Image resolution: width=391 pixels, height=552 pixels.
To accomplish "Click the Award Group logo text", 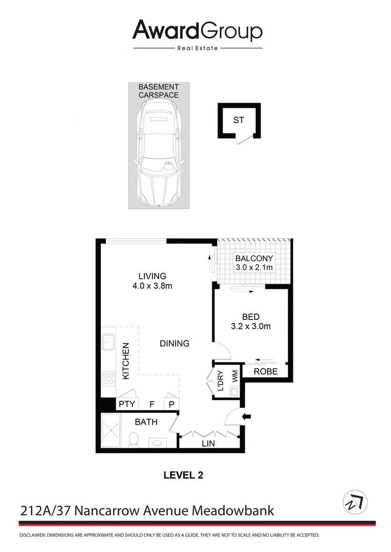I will coord(197,31).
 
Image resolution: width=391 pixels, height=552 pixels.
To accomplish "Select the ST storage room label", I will coord(238,121).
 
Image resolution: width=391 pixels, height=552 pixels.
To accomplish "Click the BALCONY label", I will coord(254,258).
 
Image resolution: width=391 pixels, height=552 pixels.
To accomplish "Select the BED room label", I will coord(251,317).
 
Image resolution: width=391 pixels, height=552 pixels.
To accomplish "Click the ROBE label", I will coord(266,372).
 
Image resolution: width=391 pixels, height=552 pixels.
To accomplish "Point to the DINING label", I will coord(175,343).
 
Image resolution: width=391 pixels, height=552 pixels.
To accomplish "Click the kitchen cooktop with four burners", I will coord(108,378).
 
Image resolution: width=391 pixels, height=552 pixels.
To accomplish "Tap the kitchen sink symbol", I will coord(108,341).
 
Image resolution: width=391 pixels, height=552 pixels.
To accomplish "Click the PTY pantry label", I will coord(126,404).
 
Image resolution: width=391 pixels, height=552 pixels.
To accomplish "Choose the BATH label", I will coord(146,422).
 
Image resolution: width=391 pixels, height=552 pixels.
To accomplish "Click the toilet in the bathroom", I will coord(134,439).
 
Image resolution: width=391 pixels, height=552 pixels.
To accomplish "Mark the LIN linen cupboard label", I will coord(208,444).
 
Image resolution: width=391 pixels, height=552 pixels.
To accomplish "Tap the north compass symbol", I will coord(355,502).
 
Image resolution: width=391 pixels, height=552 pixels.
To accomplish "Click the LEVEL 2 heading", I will coord(183,475).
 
